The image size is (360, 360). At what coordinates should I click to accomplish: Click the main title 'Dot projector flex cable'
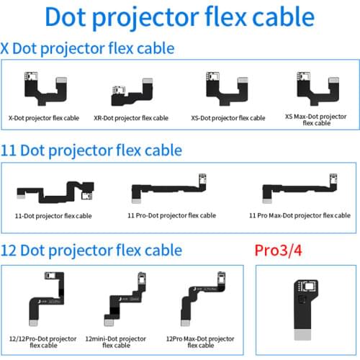(x=180, y=17)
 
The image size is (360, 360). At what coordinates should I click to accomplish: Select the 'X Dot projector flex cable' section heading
(x=87, y=49)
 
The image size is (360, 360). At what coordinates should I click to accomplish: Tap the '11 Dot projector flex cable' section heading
(x=91, y=150)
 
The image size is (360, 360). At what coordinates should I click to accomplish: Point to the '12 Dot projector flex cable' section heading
(x=91, y=251)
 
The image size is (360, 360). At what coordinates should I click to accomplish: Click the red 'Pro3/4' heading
(x=278, y=251)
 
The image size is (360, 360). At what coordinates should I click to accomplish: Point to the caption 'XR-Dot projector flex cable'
(x=131, y=118)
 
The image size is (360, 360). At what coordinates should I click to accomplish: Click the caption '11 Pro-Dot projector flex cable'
(x=172, y=215)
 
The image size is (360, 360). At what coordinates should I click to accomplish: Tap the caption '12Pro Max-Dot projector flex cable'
(x=200, y=342)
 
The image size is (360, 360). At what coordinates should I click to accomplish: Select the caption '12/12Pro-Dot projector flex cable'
(x=43, y=342)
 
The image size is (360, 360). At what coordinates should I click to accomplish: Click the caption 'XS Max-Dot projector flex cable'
(x=316, y=120)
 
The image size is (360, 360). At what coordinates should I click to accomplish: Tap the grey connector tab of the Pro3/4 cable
(x=302, y=335)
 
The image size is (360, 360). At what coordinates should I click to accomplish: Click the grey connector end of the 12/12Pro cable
(x=33, y=323)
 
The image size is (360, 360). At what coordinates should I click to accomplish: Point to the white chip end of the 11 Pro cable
(x=202, y=179)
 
